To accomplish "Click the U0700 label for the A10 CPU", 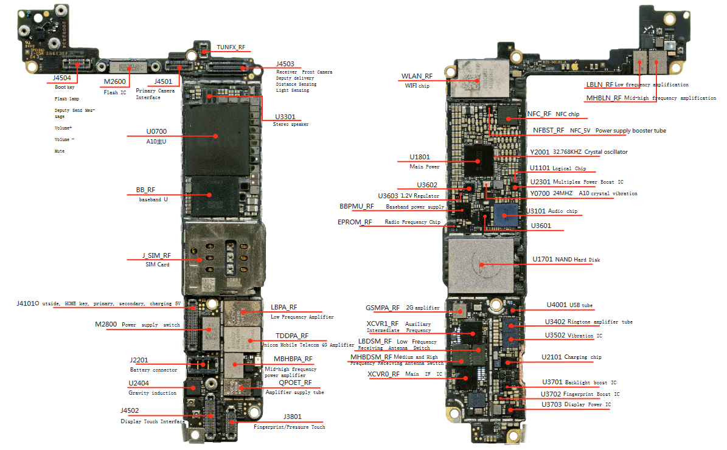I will coord(156,131).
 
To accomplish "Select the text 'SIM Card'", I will coord(157,265).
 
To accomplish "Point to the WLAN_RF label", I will coord(417,77).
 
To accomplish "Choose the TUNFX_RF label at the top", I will coord(231,47).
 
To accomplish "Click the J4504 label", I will coord(61,78).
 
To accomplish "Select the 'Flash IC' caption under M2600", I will coord(115,92).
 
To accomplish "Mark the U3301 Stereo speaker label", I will coord(285,117).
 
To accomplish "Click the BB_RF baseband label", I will coord(145,190).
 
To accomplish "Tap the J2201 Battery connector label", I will coord(139,360).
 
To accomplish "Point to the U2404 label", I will coord(139,383).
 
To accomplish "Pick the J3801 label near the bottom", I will coord(293,417).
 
